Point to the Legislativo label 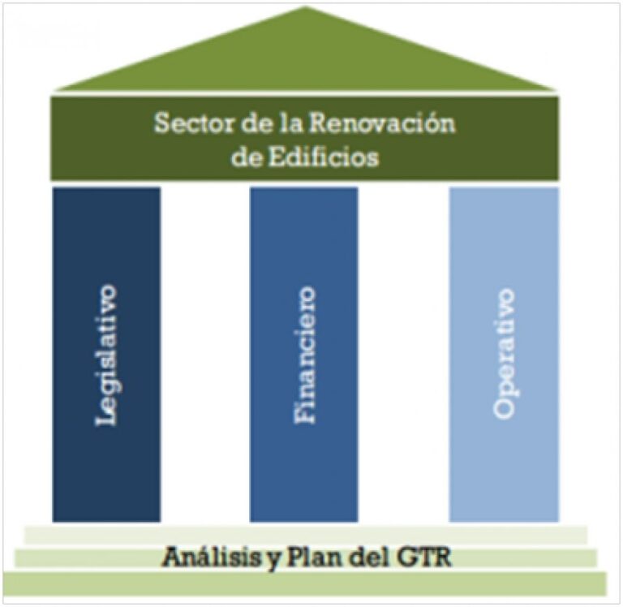[106, 354]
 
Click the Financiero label [304, 354]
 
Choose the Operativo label [504, 354]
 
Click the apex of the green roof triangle [305, 10]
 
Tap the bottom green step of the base [305, 584]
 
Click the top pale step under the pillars [305, 535]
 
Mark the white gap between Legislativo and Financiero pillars [205, 354]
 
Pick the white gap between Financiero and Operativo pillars [404, 354]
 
